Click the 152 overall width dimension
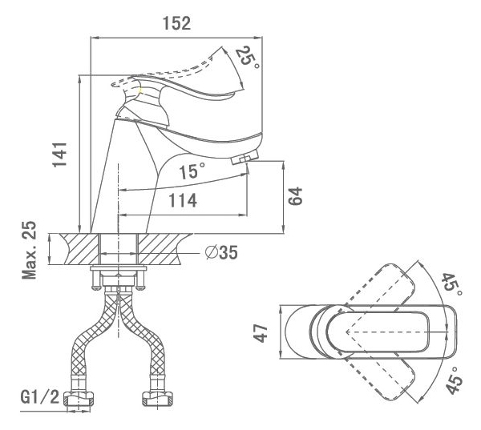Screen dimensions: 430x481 (176, 23)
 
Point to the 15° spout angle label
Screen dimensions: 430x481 (192, 171)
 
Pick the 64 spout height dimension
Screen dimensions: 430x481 (297, 197)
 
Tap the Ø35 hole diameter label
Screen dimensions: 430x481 (221, 253)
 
